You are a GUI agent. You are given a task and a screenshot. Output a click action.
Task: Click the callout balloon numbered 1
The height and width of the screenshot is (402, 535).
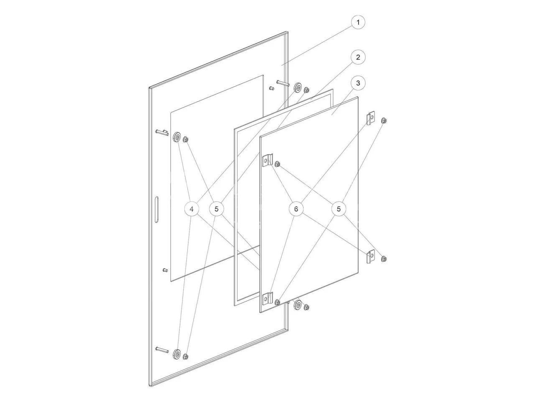click(x=358, y=22)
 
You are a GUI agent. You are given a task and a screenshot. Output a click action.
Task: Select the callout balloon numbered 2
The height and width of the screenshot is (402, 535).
click(x=358, y=57)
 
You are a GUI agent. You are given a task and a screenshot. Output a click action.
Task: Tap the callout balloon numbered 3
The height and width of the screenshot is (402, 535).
click(x=358, y=83)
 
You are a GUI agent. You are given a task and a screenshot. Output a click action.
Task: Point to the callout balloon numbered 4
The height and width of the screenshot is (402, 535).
click(x=191, y=209)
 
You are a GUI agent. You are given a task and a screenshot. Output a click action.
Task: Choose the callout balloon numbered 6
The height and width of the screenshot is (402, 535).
click(x=296, y=209)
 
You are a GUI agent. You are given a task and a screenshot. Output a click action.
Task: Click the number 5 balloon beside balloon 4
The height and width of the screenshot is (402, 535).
click(x=217, y=209)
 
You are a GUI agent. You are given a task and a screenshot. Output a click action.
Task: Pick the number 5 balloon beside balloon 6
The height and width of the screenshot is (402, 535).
click(x=339, y=209)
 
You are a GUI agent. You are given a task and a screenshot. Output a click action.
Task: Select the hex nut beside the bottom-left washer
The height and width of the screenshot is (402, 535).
click(x=186, y=357)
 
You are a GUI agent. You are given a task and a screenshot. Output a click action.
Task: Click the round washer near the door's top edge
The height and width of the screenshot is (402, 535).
click(x=298, y=88)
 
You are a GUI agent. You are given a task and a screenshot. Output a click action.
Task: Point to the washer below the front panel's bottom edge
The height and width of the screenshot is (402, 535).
click(x=298, y=304)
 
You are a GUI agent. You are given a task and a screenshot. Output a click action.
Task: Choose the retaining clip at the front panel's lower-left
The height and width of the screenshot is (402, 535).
click(x=267, y=300)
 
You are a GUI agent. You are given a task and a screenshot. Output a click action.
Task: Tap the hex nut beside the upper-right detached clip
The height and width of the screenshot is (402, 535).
click(x=384, y=121)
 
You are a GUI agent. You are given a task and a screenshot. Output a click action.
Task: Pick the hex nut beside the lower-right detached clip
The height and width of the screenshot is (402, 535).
click(x=384, y=259)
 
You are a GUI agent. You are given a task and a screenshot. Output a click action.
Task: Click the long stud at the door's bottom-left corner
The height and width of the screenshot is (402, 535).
click(x=161, y=349)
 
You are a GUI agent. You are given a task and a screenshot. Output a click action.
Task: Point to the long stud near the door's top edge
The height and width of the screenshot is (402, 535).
click(x=283, y=84)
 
